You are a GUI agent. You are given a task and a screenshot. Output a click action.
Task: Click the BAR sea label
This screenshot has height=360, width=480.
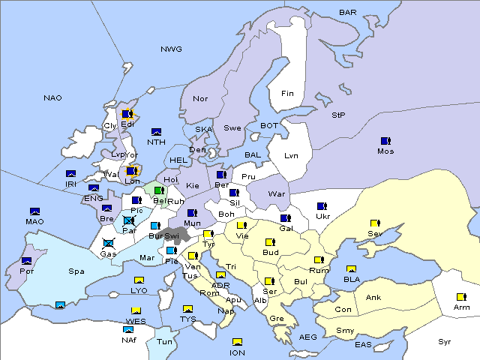tap(347, 13)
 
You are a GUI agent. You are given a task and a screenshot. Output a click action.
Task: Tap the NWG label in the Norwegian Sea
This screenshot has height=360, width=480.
tap(170, 49)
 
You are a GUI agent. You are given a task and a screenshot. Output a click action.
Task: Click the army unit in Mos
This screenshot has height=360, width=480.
tap(385, 141)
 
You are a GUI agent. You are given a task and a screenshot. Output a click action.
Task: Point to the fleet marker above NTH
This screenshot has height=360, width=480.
tap(156, 132)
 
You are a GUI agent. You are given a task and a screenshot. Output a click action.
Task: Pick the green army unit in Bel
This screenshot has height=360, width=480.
tap(158, 190)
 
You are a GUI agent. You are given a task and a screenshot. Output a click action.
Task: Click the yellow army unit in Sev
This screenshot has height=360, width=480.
tap(374, 223)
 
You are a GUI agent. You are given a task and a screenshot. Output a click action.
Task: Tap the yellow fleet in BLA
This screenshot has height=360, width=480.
tap(351, 269)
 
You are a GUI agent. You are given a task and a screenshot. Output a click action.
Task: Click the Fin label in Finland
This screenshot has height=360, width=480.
tap(287, 94)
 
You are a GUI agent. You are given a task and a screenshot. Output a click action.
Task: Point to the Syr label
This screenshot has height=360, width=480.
tap(445, 341)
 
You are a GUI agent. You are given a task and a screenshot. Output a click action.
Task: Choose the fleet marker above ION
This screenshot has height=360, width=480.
tap(237, 342)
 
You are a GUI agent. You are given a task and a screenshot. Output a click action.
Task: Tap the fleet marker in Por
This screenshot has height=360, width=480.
tap(27, 261)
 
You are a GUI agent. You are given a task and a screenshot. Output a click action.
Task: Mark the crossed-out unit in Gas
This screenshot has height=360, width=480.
tap(109, 243)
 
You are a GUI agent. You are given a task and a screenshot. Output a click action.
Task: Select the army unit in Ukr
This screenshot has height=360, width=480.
tap(322, 206)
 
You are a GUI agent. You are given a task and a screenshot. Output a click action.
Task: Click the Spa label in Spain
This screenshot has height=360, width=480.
tap(76, 271)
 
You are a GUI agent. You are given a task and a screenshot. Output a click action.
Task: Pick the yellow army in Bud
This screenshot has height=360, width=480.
tap(270, 242)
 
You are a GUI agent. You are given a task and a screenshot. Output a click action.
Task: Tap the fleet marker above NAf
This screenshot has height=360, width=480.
tap(129, 329)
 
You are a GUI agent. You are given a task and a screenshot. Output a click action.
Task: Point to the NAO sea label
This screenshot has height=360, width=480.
tap(52, 98)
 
